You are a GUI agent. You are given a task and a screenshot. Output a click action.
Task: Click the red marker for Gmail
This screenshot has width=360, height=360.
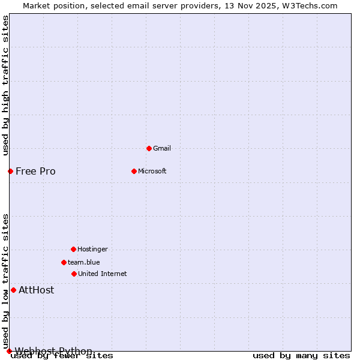pyautogui.click(x=149, y=148)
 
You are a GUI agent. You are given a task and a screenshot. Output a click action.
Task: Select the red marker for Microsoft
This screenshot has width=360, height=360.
pyautogui.click(x=134, y=171)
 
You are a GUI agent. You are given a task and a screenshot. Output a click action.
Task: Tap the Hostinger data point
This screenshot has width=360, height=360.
pyautogui.click(x=73, y=249)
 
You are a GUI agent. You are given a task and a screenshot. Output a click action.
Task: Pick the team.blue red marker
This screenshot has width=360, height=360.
pyautogui.click(x=64, y=262)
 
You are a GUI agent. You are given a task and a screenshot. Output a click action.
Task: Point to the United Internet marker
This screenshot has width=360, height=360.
pyautogui.click(x=74, y=274)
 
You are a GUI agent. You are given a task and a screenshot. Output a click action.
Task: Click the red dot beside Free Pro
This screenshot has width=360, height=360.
pyautogui.click(x=10, y=171)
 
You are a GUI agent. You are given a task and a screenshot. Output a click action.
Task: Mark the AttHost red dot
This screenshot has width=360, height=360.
pyautogui.click(x=13, y=290)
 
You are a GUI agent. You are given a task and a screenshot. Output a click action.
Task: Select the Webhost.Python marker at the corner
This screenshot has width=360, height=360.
pyautogui.click(x=9, y=351)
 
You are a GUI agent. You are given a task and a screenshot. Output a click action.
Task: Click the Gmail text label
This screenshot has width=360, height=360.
pyautogui.click(x=162, y=148)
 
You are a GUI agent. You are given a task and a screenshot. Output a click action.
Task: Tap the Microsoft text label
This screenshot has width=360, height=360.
pyautogui.click(x=152, y=171)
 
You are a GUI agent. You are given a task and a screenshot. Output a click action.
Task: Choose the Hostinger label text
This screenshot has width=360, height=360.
pyautogui.click(x=92, y=249)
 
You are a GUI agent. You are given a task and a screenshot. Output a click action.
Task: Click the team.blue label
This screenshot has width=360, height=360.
pyautogui.click(x=84, y=262)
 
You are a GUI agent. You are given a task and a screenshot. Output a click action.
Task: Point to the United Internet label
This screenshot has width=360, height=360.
pyautogui.click(x=103, y=274)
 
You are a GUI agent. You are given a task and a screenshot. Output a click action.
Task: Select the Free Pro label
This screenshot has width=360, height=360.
pyautogui.click(x=35, y=171)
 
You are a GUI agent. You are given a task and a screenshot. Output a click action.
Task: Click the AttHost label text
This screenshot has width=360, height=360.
pyautogui.click(x=36, y=290)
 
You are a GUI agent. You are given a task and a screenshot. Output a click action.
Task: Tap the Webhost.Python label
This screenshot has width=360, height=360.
pyautogui.click(x=53, y=351)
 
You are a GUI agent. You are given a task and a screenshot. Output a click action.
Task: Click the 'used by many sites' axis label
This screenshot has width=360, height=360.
pyautogui.click(x=301, y=356)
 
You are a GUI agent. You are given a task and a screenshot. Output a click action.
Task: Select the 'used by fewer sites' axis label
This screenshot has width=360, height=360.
pyautogui.click(x=62, y=356)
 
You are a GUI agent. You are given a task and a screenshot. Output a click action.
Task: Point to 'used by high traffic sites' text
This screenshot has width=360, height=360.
pyautogui.click(x=5, y=85)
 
